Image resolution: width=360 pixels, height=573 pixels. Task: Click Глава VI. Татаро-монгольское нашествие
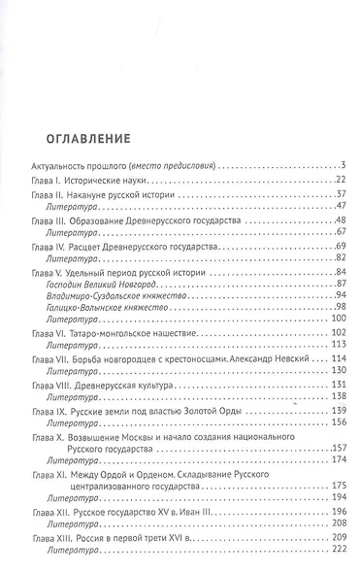click(x=115, y=347)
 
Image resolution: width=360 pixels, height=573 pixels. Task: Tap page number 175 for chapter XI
click(x=337, y=508)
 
